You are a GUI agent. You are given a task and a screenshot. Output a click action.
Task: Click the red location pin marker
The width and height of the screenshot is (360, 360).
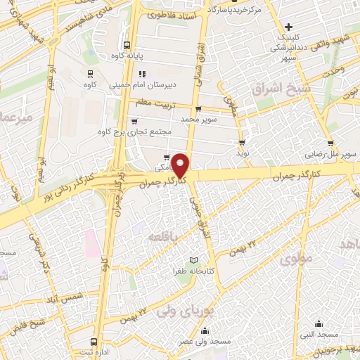[181, 165]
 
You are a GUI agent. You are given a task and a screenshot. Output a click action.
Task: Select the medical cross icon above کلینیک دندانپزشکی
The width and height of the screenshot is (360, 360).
[288, 27]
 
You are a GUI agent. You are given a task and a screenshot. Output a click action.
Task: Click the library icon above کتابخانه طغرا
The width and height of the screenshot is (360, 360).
[184, 261]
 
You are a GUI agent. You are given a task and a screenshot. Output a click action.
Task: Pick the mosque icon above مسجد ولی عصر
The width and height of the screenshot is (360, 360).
[205, 331]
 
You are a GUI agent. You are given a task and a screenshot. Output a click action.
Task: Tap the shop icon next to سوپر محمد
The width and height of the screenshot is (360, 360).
[199, 109]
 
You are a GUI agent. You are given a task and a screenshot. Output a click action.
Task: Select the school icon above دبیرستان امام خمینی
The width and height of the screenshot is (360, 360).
[142, 73]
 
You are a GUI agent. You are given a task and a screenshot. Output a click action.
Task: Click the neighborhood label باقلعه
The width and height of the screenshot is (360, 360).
[164, 238]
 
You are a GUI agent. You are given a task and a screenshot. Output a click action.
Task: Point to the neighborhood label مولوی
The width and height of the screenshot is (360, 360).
[295, 259]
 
